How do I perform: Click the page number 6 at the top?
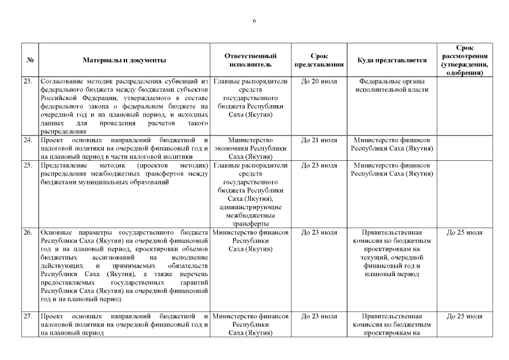(254, 21)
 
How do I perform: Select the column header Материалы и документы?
(124, 60)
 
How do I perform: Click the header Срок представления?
(319, 60)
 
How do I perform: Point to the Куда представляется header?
(391, 60)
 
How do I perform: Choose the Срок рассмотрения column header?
(465, 60)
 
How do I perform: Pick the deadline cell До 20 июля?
(319, 82)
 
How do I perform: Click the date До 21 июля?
(319, 139)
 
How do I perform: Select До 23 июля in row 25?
(319, 165)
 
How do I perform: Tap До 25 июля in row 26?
(465, 232)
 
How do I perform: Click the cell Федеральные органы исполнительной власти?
(391, 85)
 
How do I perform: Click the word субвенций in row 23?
(181, 82)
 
